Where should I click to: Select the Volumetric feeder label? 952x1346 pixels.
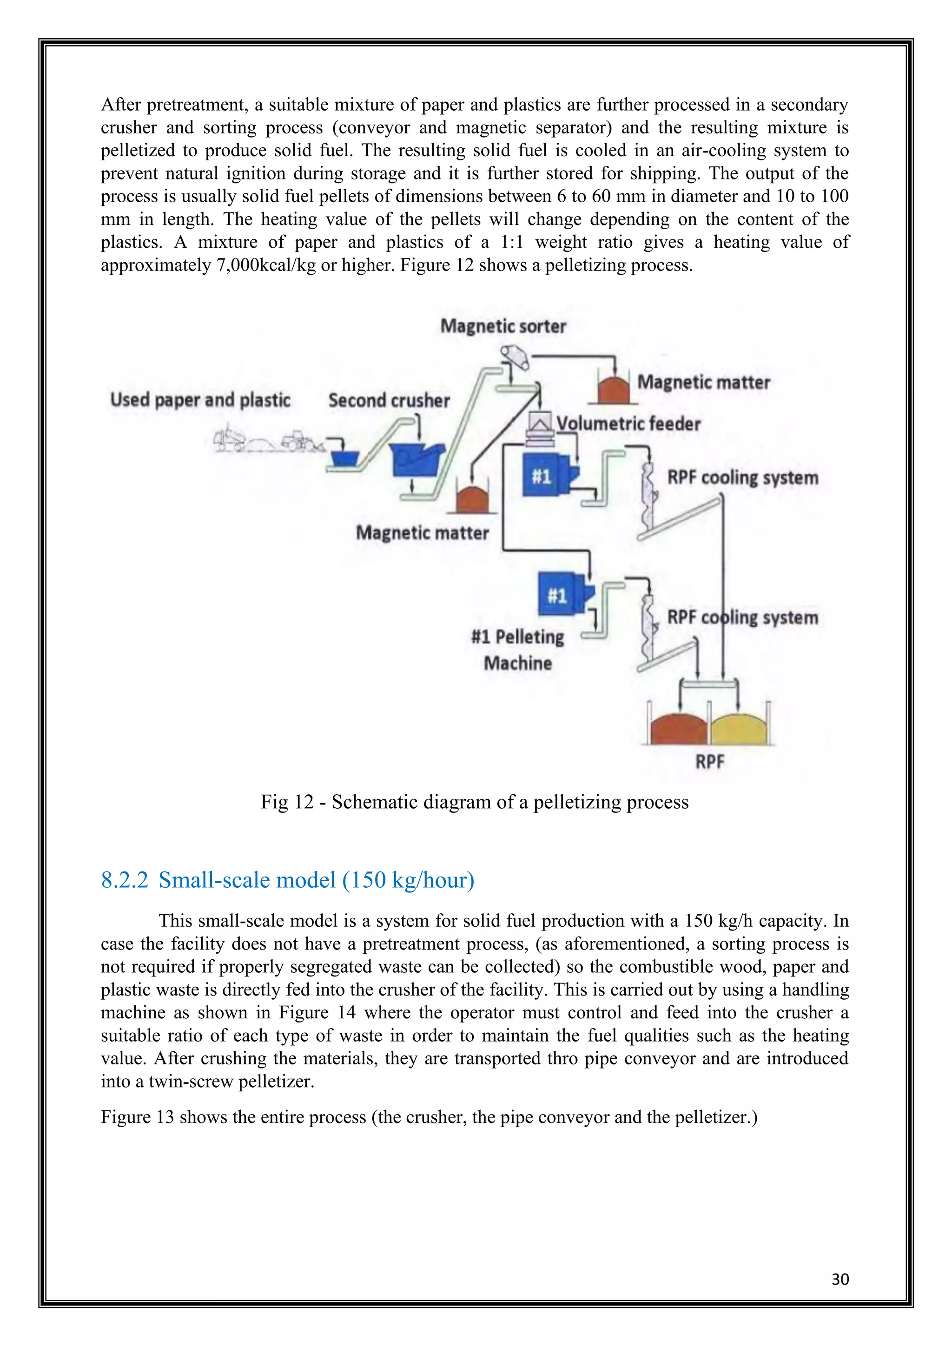pos(628,423)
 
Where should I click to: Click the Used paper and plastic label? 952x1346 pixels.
pos(200,400)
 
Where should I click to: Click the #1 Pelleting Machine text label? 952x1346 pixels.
pos(518,650)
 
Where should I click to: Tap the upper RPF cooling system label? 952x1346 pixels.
pos(743,477)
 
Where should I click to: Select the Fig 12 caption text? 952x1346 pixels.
pos(474,801)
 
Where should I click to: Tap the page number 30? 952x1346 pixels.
pos(840,1279)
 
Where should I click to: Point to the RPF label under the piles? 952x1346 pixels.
pos(709,761)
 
